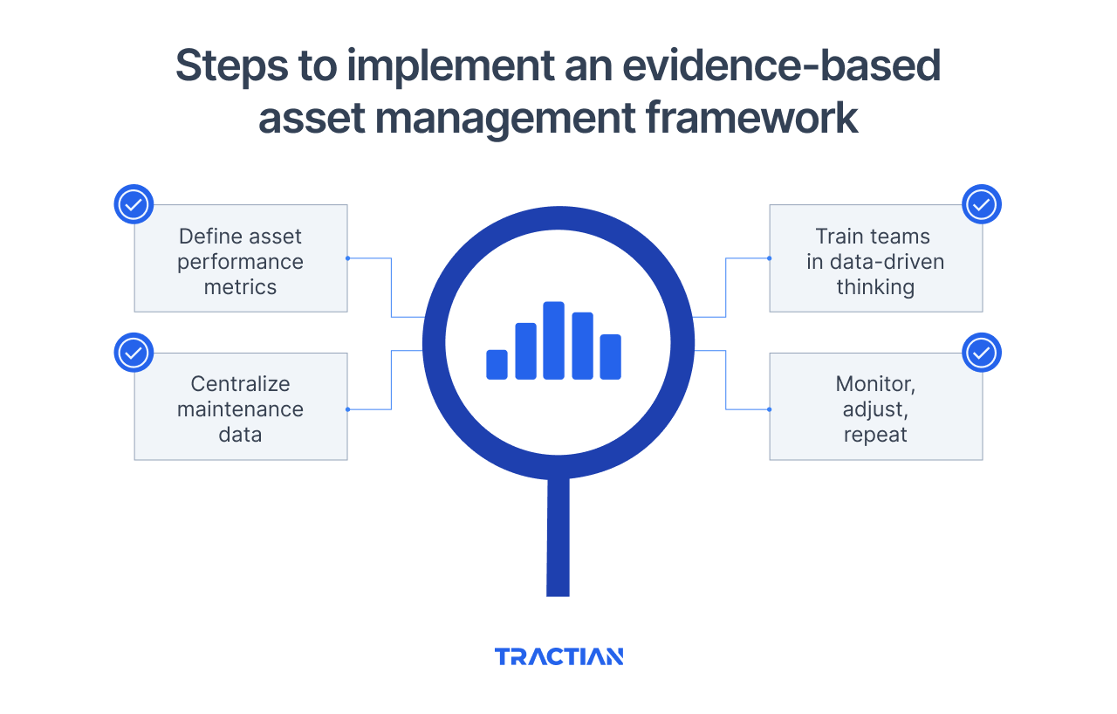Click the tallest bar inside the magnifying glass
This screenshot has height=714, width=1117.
[x=553, y=340]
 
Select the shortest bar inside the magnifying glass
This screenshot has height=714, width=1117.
[x=497, y=364]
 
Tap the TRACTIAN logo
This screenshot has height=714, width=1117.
[x=558, y=656]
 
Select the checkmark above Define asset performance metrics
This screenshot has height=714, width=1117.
[x=134, y=205]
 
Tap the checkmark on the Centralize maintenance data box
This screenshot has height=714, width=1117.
[x=134, y=353]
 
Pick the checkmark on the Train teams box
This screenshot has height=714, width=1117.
[x=981, y=205]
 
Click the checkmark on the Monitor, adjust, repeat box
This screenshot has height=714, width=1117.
[x=981, y=353]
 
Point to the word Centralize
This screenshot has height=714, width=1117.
[x=240, y=384]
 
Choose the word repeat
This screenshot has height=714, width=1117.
[x=875, y=435]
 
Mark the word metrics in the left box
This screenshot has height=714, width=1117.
[x=240, y=287]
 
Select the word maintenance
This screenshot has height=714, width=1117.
[x=240, y=409]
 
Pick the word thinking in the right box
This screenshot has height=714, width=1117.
[x=875, y=287]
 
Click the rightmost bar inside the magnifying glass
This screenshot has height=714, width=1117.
[x=610, y=356]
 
